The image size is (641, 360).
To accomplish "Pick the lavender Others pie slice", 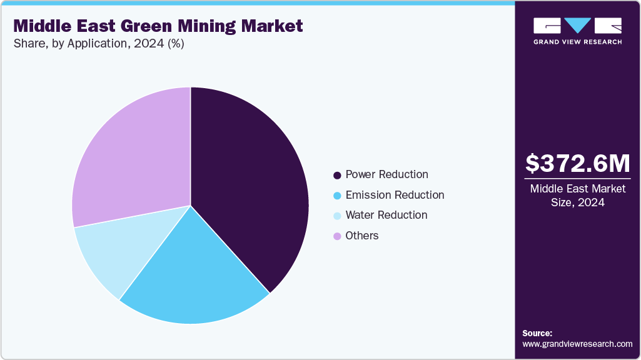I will click(x=131, y=156).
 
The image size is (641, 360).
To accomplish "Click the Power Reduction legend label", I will click(x=386, y=174).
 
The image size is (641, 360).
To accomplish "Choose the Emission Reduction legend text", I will click(x=395, y=195).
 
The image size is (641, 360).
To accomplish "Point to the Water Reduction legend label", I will click(x=386, y=215).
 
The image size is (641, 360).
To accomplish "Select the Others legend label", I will click(x=362, y=236).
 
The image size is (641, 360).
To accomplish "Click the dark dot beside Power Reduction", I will click(x=338, y=175).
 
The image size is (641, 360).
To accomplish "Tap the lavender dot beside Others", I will click(x=338, y=236).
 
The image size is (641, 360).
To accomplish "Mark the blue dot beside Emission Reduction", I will click(x=338, y=196).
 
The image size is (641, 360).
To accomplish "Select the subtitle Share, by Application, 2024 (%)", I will click(x=98, y=44).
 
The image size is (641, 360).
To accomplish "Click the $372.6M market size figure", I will click(x=577, y=164).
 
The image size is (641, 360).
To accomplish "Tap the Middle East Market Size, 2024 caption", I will click(x=577, y=196).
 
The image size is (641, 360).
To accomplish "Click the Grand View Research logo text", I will click(x=577, y=42).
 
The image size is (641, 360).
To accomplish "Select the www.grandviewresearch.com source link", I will click(x=577, y=344).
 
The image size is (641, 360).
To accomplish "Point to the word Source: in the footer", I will click(x=537, y=333).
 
